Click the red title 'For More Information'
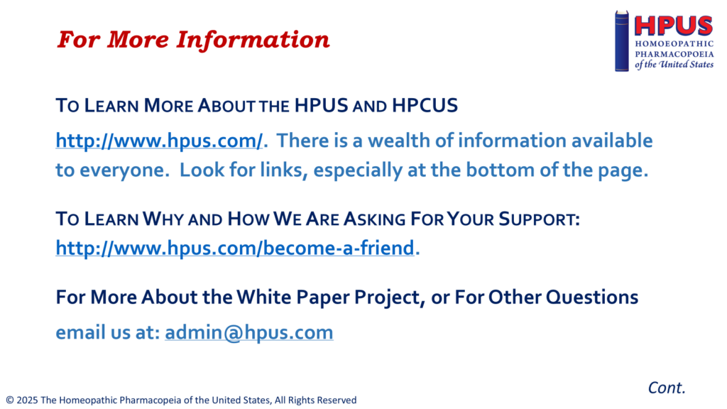[193, 40]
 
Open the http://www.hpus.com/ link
[159, 141]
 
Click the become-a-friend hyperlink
[234, 248]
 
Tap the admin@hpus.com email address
[249, 332]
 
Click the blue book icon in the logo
[622, 40]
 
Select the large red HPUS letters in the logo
[673, 26]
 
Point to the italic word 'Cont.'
[666, 388]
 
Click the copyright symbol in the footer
[10, 400]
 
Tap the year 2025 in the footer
[28, 400]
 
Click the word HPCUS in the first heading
[425, 106]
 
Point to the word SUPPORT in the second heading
[540, 219]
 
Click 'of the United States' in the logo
[674, 65]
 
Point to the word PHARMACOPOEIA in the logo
[674, 54]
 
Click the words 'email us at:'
[108, 332]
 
